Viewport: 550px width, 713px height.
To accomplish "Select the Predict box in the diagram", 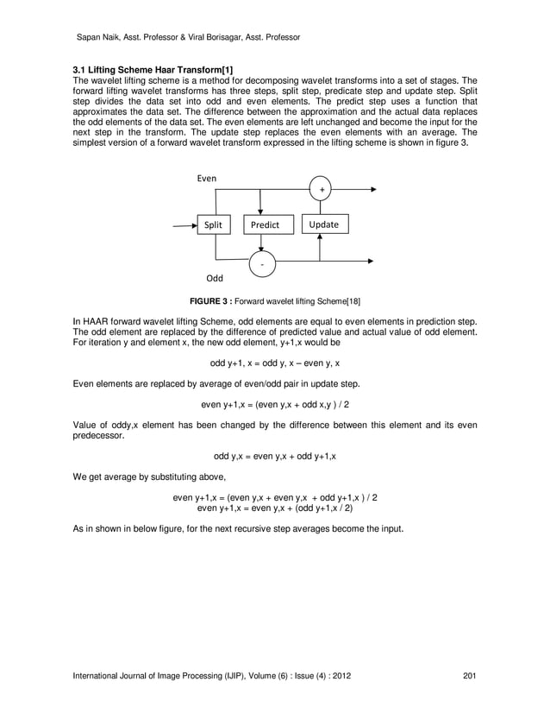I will (x=265, y=225).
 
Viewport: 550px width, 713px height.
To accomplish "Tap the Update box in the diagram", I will (x=323, y=224).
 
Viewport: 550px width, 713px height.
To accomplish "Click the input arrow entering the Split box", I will (x=184, y=225).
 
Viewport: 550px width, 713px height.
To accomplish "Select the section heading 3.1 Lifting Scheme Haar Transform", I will (x=152, y=70).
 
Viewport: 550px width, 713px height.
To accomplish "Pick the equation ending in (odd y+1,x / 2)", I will (x=276, y=509).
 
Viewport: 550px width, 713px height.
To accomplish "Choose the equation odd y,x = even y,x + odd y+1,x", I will (x=275, y=456).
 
